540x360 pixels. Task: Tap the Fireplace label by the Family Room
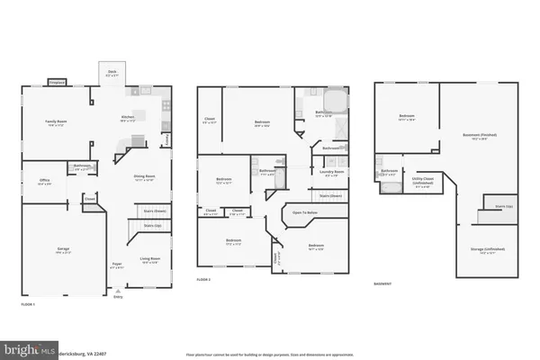(x=55, y=83)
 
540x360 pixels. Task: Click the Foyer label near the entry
(x=117, y=264)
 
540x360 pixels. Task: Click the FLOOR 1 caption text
(x=30, y=305)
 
